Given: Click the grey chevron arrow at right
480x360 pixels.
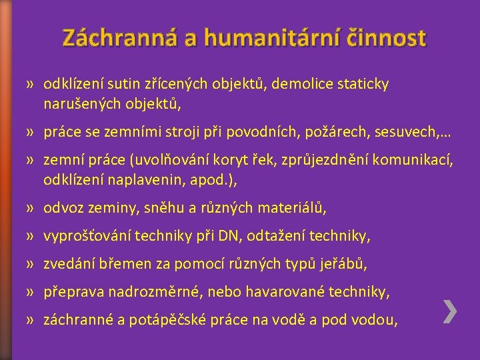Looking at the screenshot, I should click(450, 311).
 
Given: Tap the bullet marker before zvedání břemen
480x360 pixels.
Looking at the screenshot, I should click(31, 265).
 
